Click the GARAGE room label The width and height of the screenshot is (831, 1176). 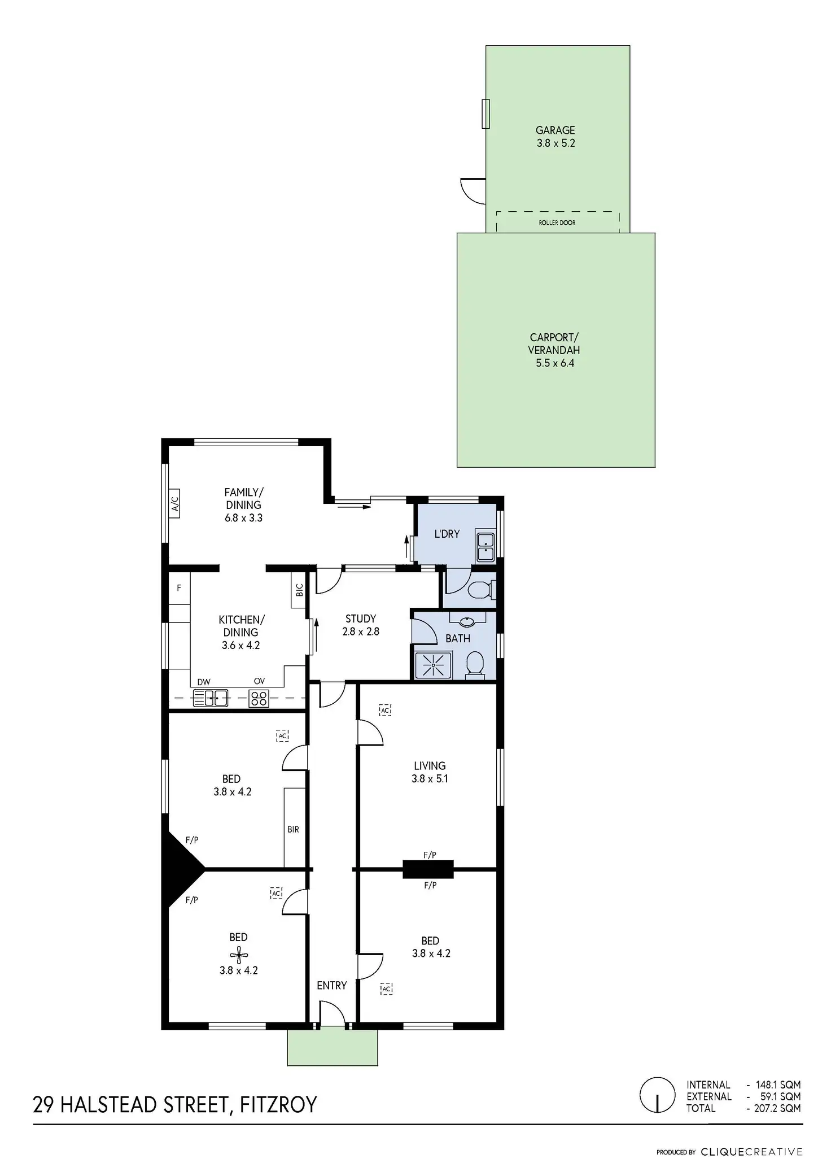(555, 130)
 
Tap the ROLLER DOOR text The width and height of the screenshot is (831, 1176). (557, 223)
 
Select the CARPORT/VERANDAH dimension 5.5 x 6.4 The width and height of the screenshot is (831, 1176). (555, 363)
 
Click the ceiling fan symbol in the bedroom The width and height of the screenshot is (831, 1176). (239, 955)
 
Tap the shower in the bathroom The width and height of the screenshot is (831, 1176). (433, 665)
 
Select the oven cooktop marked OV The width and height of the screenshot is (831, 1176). (259, 698)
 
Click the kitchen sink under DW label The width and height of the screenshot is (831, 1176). (210, 698)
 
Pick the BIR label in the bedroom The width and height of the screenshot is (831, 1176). (293, 829)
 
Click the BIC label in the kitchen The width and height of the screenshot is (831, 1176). (299, 590)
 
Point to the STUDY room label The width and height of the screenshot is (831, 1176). (361, 619)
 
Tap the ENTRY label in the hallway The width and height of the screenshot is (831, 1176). (331, 986)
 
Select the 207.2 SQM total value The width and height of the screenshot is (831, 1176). (777, 1108)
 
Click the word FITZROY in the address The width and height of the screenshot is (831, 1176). (278, 1104)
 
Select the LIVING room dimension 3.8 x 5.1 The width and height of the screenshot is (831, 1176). (430, 778)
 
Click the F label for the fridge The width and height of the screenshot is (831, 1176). (179, 588)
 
